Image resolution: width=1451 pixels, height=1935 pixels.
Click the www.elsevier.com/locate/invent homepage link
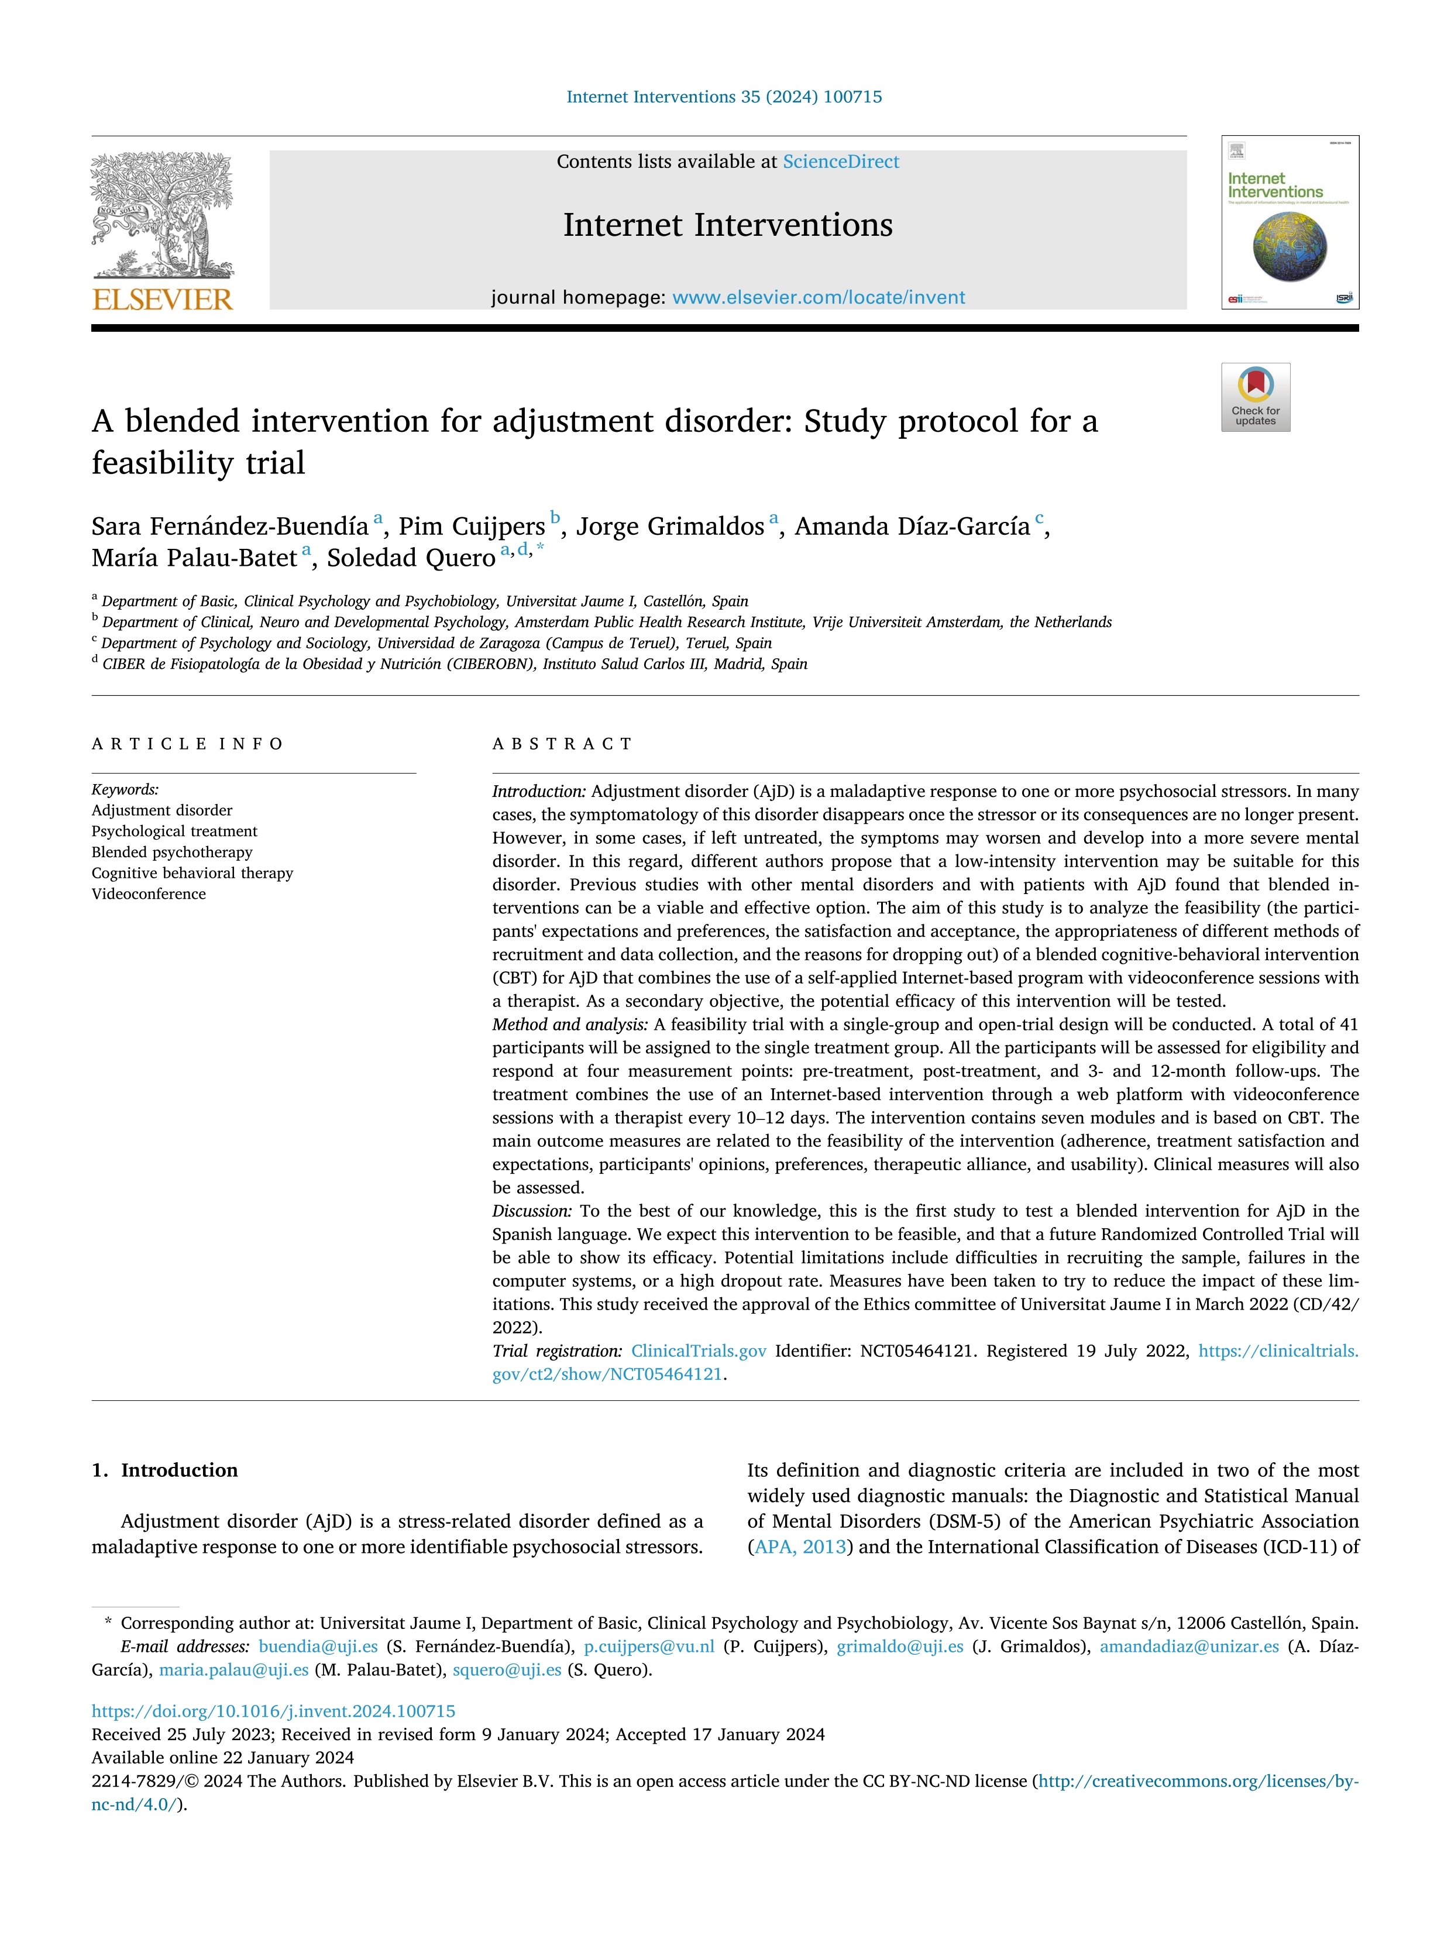[818, 297]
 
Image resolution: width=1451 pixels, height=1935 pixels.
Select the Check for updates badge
[1255, 397]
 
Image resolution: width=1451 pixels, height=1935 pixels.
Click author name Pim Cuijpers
[472, 527]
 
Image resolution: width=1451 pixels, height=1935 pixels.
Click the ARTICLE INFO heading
[187, 744]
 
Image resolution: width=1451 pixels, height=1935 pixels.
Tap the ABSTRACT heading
[562, 744]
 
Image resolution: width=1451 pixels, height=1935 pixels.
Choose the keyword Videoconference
[149, 894]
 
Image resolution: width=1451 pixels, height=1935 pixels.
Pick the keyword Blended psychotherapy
[171, 852]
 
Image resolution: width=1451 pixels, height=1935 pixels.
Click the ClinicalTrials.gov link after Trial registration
[698, 1350]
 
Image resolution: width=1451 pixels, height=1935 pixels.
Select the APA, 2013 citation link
[799, 1546]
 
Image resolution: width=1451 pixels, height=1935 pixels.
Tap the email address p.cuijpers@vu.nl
[649, 1647]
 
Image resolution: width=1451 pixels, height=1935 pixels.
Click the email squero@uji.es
[507, 1670]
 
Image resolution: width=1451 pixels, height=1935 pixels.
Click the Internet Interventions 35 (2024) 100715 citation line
[724, 97]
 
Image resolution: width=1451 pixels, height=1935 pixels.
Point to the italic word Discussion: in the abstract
[532, 1211]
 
